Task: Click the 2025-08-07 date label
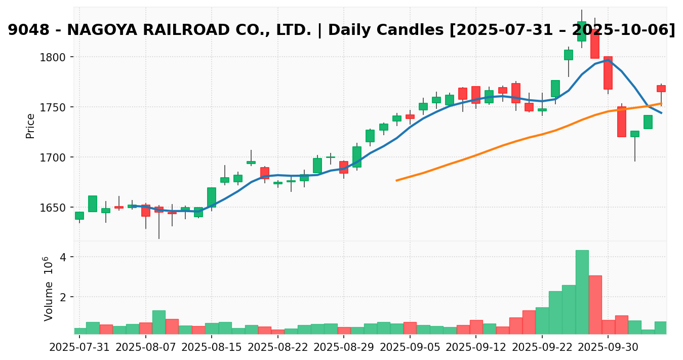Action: pyautogui.click(x=146, y=349)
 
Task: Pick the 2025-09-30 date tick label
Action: pyautogui.click(x=608, y=349)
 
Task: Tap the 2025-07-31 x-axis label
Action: pyautogui.click(x=79, y=349)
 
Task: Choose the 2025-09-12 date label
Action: pyautogui.click(x=476, y=349)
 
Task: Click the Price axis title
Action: pyautogui.click(x=31, y=126)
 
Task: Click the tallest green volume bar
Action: pyautogui.click(x=582, y=292)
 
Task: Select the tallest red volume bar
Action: pyautogui.click(x=595, y=304)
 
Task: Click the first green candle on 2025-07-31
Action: pyautogui.click(x=79, y=216)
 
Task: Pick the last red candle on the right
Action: pyautogui.click(x=661, y=89)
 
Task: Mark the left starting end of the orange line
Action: pyautogui.click(x=396, y=180)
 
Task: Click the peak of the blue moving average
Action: pyautogui.click(x=608, y=60)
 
